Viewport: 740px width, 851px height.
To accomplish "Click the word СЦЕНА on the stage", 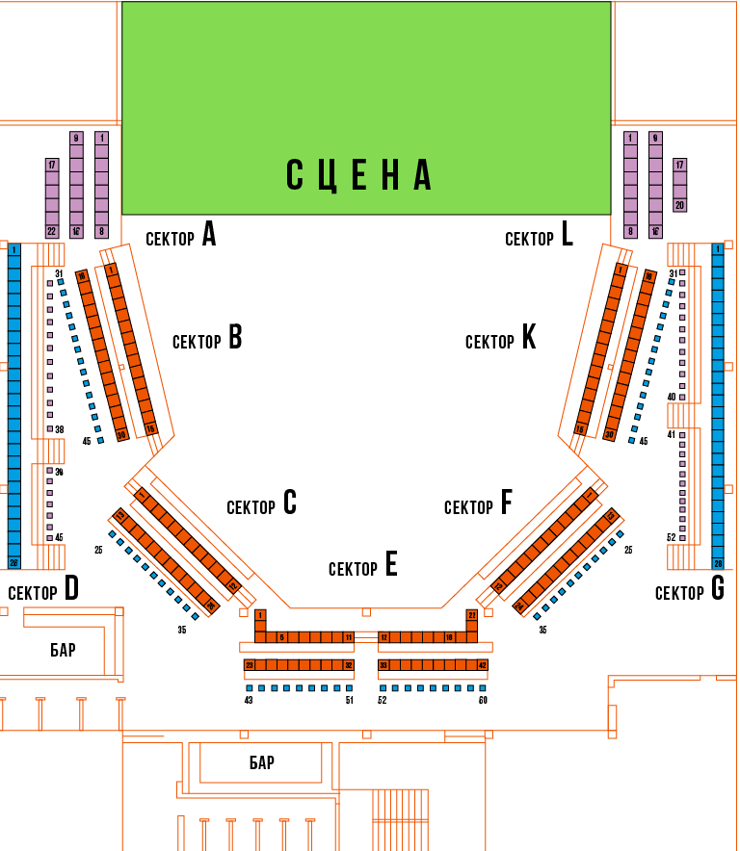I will (x=358, y=175).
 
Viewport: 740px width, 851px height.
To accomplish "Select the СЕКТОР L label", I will (x=539, y=235).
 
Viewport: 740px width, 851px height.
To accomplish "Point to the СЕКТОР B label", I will (x=206, y=339).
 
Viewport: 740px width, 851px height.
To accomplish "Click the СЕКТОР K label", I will (x=500, y=339).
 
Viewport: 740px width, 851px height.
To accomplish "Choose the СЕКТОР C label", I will (x=261, y=504).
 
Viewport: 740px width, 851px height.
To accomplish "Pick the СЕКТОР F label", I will (x=478, y=504).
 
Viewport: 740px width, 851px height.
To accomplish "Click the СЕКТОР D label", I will (x=42, y=590).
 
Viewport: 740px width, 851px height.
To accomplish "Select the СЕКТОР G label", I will (x=689, y=590).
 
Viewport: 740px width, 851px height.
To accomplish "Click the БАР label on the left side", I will (x=63, y=650).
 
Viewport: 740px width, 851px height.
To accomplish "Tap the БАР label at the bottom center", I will (x=261, y=763).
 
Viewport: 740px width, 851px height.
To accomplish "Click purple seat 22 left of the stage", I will (x=52, y=231).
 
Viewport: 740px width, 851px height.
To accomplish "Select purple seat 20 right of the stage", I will (x=679, y=204).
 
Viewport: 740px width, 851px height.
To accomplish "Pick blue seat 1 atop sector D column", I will (x=13, y=249).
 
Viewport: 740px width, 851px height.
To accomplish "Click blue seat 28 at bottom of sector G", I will (x=717, y=563).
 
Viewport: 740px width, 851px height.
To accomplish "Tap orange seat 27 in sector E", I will (x=472, y=614).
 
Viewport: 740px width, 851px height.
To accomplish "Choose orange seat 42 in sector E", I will (x=483, y=665).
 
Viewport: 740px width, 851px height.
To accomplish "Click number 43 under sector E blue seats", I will (x=249, y=700).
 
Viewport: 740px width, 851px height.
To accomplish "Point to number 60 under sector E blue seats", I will (x=483, y=700).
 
